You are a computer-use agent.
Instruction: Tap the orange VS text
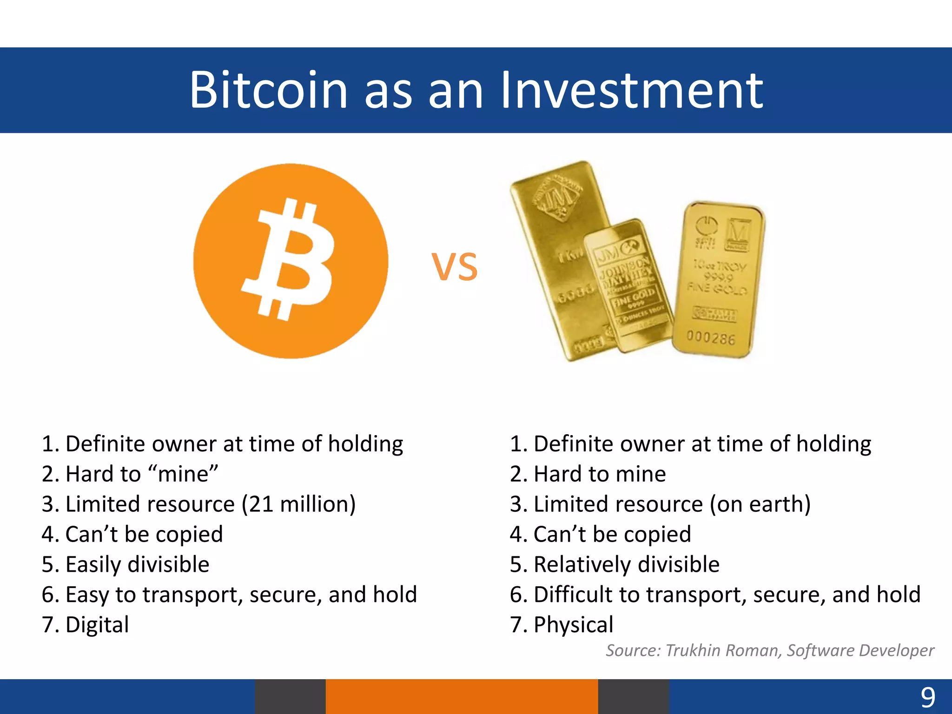click(454, 267)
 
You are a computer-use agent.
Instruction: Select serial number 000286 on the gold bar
click(711, 338)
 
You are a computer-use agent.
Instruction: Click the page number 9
click(928, 698)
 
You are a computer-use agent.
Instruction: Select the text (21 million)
click(298, 504)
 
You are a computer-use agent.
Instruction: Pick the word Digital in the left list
click(97, 625)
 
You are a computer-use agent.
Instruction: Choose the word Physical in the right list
click(573, 625)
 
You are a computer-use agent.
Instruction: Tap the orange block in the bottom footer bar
click(461, 696)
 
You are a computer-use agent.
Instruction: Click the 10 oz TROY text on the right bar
click(719, 266)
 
